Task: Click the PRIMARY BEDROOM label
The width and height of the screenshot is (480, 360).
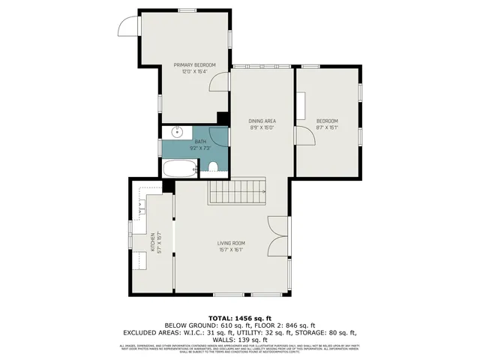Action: click(194, 65)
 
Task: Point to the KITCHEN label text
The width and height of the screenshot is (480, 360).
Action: click(152, 241)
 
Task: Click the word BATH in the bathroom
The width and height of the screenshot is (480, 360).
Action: click(199, 141)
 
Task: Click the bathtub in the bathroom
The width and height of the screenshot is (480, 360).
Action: click(179, 168)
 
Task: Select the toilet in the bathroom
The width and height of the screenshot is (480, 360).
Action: click(213, 167)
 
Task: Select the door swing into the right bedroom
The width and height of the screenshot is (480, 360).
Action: click(304, 136)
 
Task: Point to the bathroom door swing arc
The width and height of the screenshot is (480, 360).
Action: click(218, 136)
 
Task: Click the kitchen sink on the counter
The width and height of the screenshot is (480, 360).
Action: click(141, 205)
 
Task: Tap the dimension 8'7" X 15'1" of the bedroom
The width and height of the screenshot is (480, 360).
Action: click(327, 127)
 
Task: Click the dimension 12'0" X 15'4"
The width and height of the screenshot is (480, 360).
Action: click(194, 72)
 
